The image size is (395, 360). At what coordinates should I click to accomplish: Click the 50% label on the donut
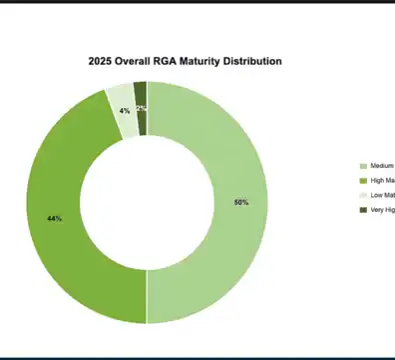(241, 203)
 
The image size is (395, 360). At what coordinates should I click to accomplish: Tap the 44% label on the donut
(54, 217)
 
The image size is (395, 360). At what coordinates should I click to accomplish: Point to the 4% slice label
(125, 110)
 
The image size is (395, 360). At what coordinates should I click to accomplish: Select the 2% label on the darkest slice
(142, 108)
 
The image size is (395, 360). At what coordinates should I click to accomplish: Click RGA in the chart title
(171, 62)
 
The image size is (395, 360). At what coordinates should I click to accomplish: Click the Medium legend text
(382, 166)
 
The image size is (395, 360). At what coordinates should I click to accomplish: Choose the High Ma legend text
(382, 180)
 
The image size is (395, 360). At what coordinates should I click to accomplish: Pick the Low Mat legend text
(382, 195)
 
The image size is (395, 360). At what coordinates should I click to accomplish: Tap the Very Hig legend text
(382, 209)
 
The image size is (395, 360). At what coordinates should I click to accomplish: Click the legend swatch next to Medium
(363, 166)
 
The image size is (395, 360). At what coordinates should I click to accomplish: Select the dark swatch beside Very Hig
(363, 209)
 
